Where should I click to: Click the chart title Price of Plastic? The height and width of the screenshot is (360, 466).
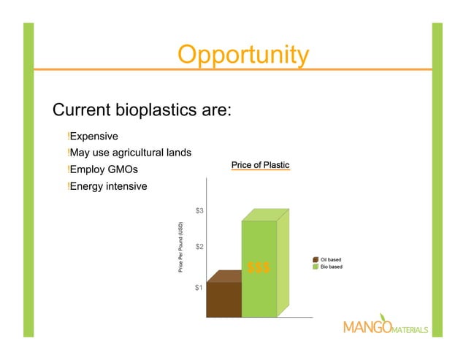260,166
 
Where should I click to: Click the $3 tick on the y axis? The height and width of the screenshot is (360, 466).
199,211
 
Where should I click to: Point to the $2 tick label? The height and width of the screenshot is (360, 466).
199,247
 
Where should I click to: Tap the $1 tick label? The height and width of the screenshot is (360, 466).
199,288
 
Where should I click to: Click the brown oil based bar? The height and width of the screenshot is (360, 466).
224,299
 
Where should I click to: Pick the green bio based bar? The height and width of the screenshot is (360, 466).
260,292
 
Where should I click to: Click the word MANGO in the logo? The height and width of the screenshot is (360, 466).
366,327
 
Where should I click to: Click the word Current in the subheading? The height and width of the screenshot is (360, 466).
81,111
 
